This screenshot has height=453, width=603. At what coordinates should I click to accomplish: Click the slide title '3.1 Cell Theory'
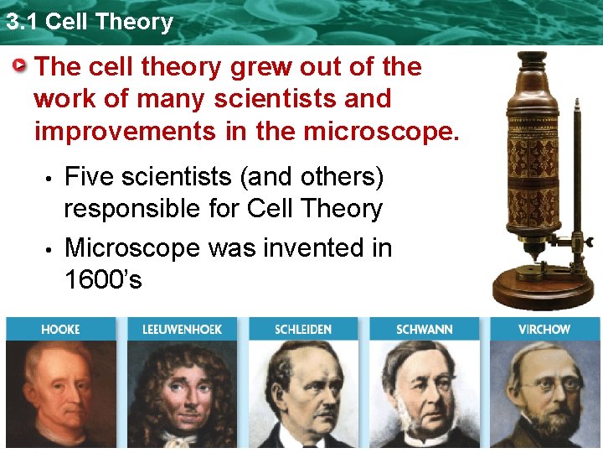[89, 21]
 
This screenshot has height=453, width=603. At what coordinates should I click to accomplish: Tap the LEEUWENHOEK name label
[182, 330]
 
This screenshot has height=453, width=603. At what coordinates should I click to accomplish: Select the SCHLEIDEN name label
[303, 330]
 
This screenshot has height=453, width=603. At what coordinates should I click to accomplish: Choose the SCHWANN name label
[424, 330]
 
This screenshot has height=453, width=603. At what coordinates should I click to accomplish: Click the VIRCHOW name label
[544, 330]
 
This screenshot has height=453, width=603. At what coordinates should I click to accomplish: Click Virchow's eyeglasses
[553, 387]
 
